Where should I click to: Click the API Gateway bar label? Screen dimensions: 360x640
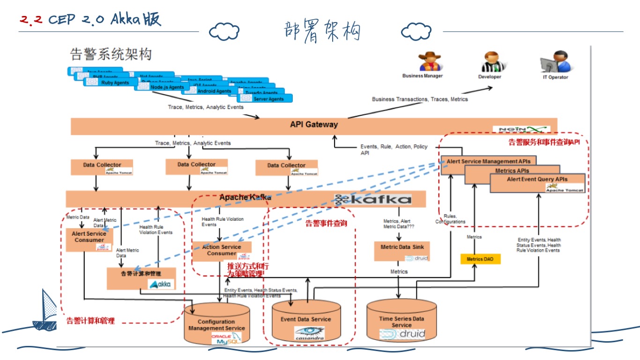(x=313, y=125)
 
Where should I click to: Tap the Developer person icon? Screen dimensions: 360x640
(x=490, y=62)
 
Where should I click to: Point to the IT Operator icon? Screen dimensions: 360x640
(x=555, y=62)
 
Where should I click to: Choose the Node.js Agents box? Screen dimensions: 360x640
(x=162, y=87)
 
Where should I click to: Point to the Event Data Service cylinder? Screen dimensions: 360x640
(x=306, y=321)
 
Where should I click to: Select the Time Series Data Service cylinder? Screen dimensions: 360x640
(x=402, y=321)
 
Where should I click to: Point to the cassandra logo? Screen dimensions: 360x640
(x=309, y=334)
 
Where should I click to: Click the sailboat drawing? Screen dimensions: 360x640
(x=46, y=309)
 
